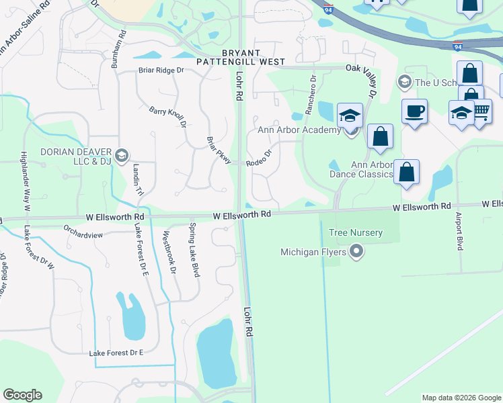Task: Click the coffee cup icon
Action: pos(415,111)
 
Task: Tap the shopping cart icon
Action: pos(480,111)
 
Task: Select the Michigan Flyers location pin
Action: pos(357,252)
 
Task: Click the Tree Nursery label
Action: pos(356,233)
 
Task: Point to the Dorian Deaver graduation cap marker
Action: pos(122,156)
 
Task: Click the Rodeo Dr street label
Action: pos(258,159)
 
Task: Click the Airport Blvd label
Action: pos(460,232)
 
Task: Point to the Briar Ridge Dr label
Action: pos(161,70)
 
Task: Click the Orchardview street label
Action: pos(83,236)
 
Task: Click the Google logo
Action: pos(22,395)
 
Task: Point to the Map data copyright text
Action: pos(460,398)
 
